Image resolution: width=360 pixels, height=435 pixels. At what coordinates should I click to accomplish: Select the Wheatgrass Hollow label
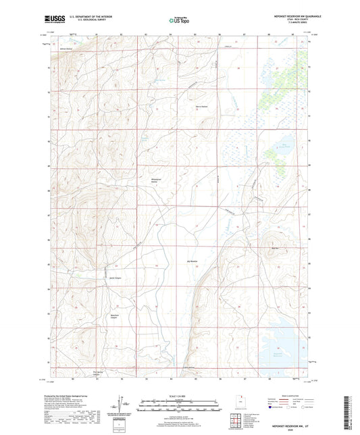[x=157, y=180]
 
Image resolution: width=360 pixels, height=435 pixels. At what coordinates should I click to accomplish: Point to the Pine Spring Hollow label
[x=79, y=371]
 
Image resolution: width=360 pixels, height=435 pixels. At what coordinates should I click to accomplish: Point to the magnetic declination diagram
[x=120, y=404]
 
